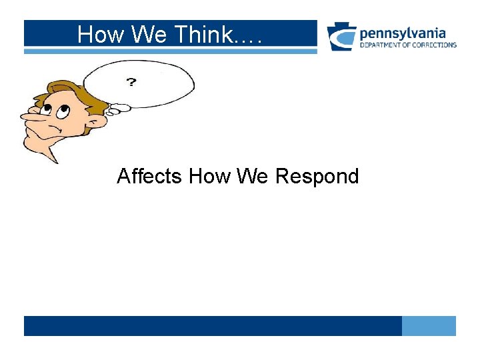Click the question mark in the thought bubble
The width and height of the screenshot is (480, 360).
pos(131,82)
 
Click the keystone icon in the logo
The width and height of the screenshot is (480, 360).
pos(341,37)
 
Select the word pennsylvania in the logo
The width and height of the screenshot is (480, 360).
pos(403,33)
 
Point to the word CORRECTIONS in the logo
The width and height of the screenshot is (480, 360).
pos(434,45)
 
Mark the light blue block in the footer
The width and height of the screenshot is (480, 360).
pos(429,326)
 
